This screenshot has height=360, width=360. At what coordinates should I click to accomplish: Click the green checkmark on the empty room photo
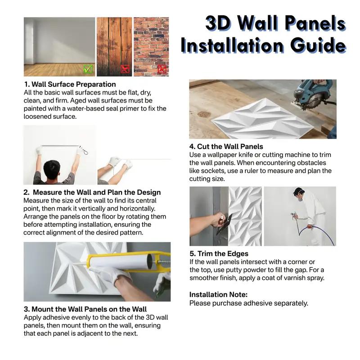(x=88, y=69)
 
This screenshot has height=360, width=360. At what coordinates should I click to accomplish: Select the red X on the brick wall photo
(x=162, y=69)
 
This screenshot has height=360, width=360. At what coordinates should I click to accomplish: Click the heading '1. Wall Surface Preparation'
(x=70, y=84)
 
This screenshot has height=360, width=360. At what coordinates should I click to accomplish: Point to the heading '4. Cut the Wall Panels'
(x=226, y=146)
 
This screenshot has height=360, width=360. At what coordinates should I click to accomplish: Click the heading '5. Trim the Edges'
(x=219, y=254)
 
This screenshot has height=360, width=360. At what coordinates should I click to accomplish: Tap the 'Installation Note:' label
(x=218, y=294)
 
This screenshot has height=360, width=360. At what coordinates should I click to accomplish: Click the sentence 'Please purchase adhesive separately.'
(x=248, y=303)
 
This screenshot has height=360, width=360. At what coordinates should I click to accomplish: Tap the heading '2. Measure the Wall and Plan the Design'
(x=92, y=192)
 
